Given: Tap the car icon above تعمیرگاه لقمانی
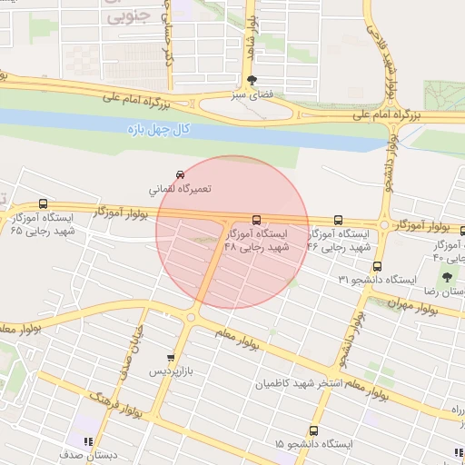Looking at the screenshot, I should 180,173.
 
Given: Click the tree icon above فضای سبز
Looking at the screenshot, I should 264,80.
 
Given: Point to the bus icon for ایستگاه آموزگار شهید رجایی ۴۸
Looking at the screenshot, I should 257,220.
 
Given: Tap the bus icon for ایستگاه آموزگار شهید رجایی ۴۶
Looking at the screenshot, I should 339,220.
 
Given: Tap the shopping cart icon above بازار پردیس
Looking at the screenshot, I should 172,358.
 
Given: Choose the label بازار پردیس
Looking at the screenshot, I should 172,373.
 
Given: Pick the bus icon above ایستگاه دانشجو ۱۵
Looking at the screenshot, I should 313,430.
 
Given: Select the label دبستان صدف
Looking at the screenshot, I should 86,454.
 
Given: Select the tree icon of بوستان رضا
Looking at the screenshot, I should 447,276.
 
